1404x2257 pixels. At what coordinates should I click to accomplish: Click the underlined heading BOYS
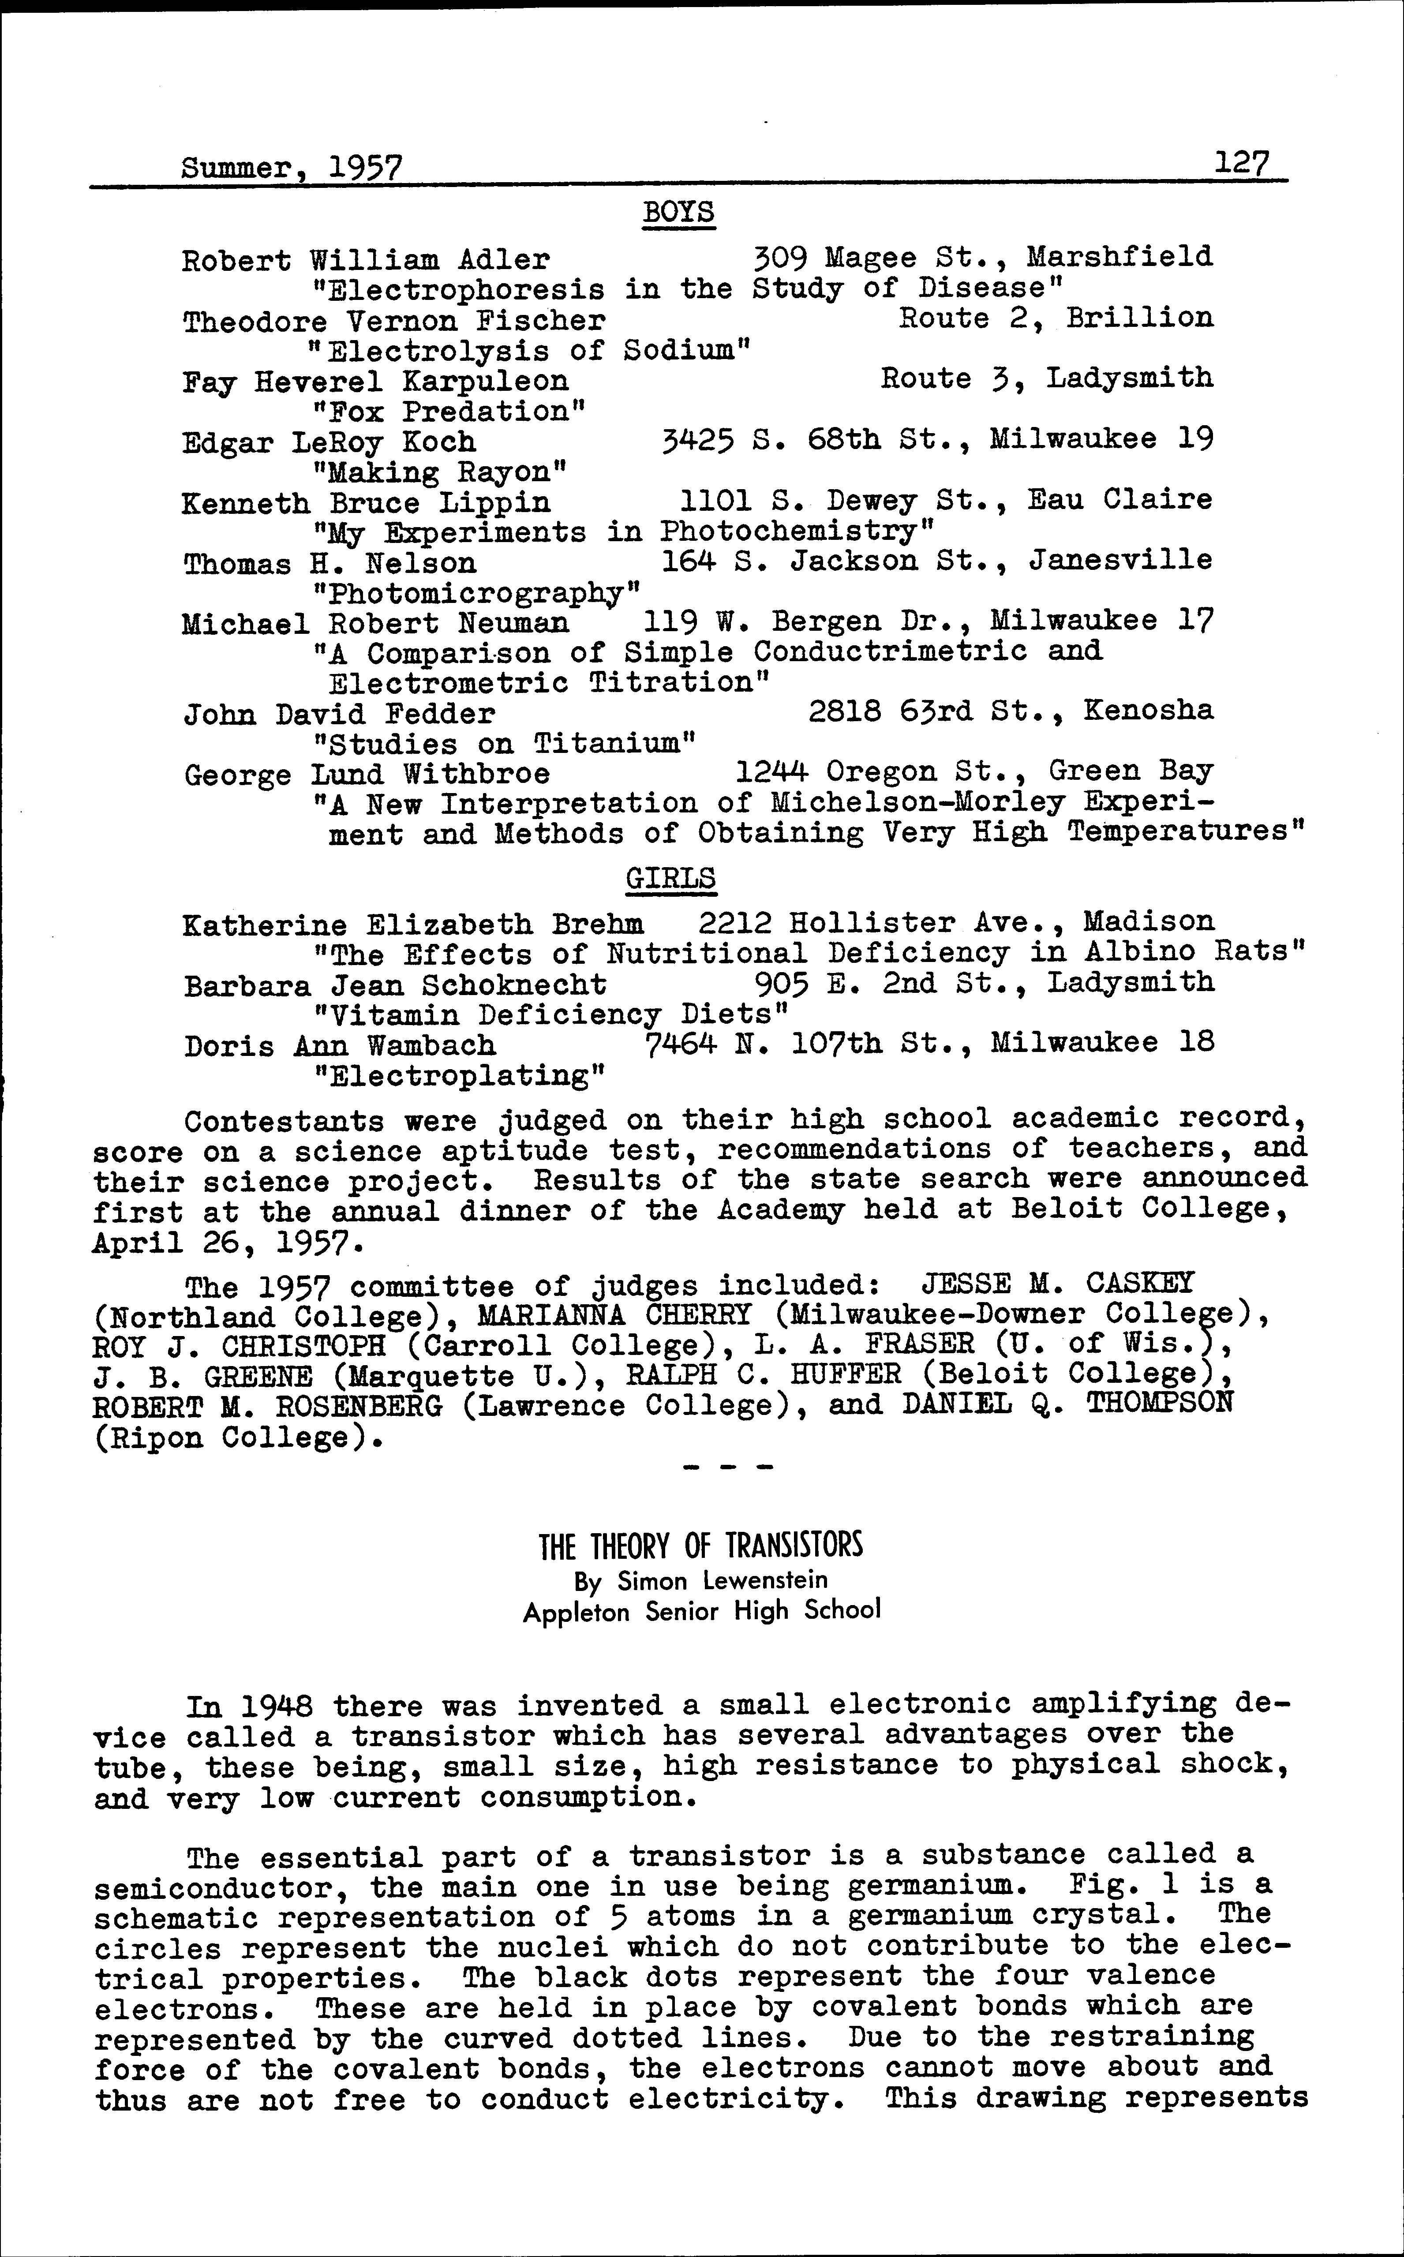pos(678,213)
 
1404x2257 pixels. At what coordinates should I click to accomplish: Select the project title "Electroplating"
pos(460,1076)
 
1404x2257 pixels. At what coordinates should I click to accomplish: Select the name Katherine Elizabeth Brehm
pos(413,925)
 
